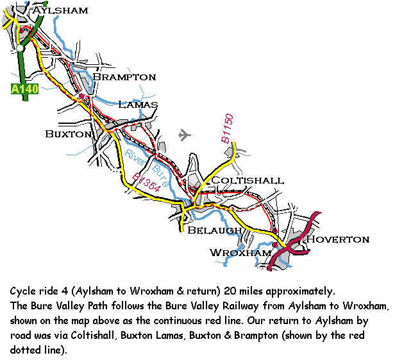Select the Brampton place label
point(124,77)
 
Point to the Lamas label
point(138,105)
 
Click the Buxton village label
point(69,133)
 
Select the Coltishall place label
point(248,181)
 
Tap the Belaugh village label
point(214,230)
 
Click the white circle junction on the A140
point(21,48)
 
